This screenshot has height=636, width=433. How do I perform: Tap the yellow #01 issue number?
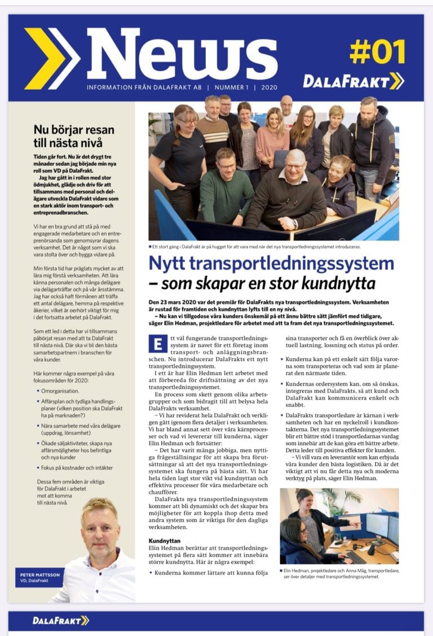[377, 52]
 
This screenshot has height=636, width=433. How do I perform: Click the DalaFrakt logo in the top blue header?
[353, 81]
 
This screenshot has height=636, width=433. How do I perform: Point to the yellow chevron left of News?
[51, 58]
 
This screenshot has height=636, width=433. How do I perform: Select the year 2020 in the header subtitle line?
[268, 88]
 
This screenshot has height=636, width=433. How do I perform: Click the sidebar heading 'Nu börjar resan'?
[69, 129]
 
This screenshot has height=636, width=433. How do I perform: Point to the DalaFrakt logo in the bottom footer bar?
[60, 620]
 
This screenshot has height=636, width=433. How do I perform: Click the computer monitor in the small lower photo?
[377, 525]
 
